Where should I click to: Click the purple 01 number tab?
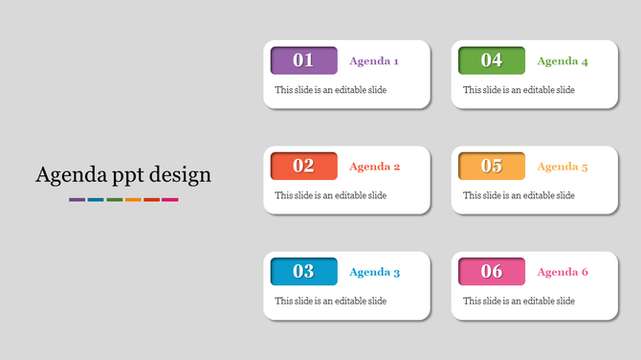(x=303, y=60)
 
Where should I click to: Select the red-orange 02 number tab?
(x=303, y=166)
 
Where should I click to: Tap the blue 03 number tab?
(x=303, y=271)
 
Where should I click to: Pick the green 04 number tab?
(x=492, y=60)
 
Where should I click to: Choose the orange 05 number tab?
(x=492, y=166)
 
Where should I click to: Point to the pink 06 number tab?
(x=492, y=271)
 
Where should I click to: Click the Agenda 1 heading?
(x=374, y=61)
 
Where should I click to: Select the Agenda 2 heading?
(x=374, y=167)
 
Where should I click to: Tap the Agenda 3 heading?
(x=374, y=272)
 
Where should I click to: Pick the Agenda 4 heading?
(x=563, y=61)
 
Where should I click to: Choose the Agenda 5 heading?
(x=563, y=167)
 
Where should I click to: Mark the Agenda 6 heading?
(x=563, y=272)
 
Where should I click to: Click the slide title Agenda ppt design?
(x=123, y=175)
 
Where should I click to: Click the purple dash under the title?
(x=77, y=199)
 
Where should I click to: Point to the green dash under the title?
(x=114, y=199)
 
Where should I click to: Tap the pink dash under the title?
(x=170, y=199)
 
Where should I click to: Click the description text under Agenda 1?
(x=330, y=90)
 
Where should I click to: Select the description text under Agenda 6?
(x=519, y=301)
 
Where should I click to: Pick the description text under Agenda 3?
(x=330, y=301)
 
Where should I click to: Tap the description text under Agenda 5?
(x=519, y=195)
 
